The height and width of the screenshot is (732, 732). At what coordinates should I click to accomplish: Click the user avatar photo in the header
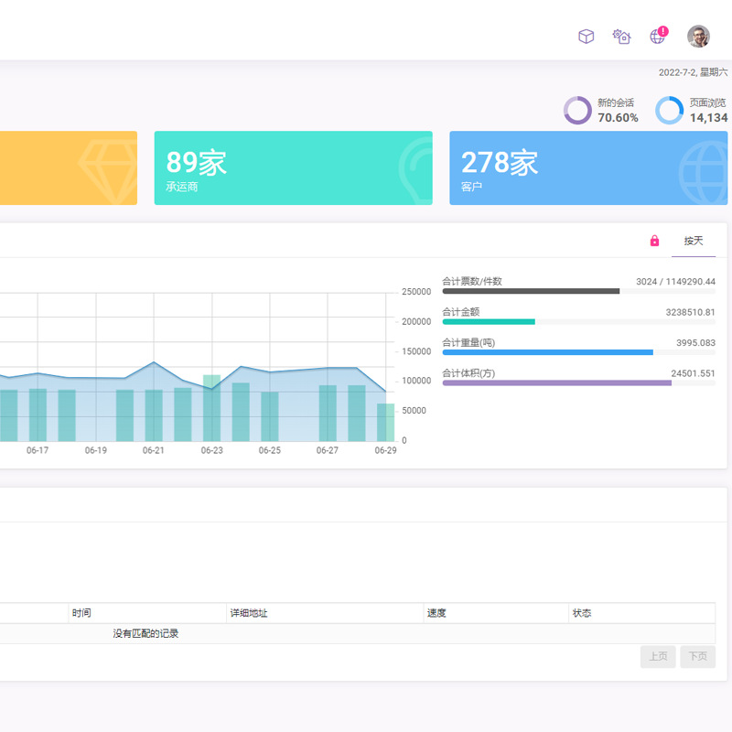(698, 36)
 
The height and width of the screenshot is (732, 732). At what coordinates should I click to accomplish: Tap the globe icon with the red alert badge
(657, 37)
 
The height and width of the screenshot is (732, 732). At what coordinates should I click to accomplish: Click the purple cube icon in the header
(586, 37)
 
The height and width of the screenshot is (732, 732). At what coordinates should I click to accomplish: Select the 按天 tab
(694, 241)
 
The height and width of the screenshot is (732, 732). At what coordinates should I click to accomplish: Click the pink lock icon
(654, 241)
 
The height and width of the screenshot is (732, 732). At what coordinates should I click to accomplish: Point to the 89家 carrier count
(196, 163)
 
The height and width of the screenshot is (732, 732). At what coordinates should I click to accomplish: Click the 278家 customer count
(500, 163)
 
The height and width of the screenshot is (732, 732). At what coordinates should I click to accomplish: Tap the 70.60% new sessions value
(618, 118)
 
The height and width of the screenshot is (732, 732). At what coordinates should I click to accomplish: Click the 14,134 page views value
(708, 118)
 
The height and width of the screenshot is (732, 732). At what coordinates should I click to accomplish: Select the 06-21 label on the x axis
(154, 450)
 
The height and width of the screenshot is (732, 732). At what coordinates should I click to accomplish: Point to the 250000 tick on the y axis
(416, 292)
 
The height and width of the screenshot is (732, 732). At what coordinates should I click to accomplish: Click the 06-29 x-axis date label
(386, 450)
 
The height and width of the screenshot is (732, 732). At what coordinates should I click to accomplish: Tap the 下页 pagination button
(697, 656)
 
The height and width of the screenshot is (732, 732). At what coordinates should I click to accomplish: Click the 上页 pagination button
(658, 656)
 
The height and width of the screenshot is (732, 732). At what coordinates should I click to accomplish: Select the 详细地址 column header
(249, 613)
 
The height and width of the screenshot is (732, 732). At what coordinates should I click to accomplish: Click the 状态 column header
(582, 613)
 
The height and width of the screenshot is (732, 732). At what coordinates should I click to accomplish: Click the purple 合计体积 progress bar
(556, 382)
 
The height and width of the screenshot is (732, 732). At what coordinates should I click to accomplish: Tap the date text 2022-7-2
(677, 72)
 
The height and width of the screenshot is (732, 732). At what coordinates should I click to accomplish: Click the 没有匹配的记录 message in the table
(145, 633)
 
